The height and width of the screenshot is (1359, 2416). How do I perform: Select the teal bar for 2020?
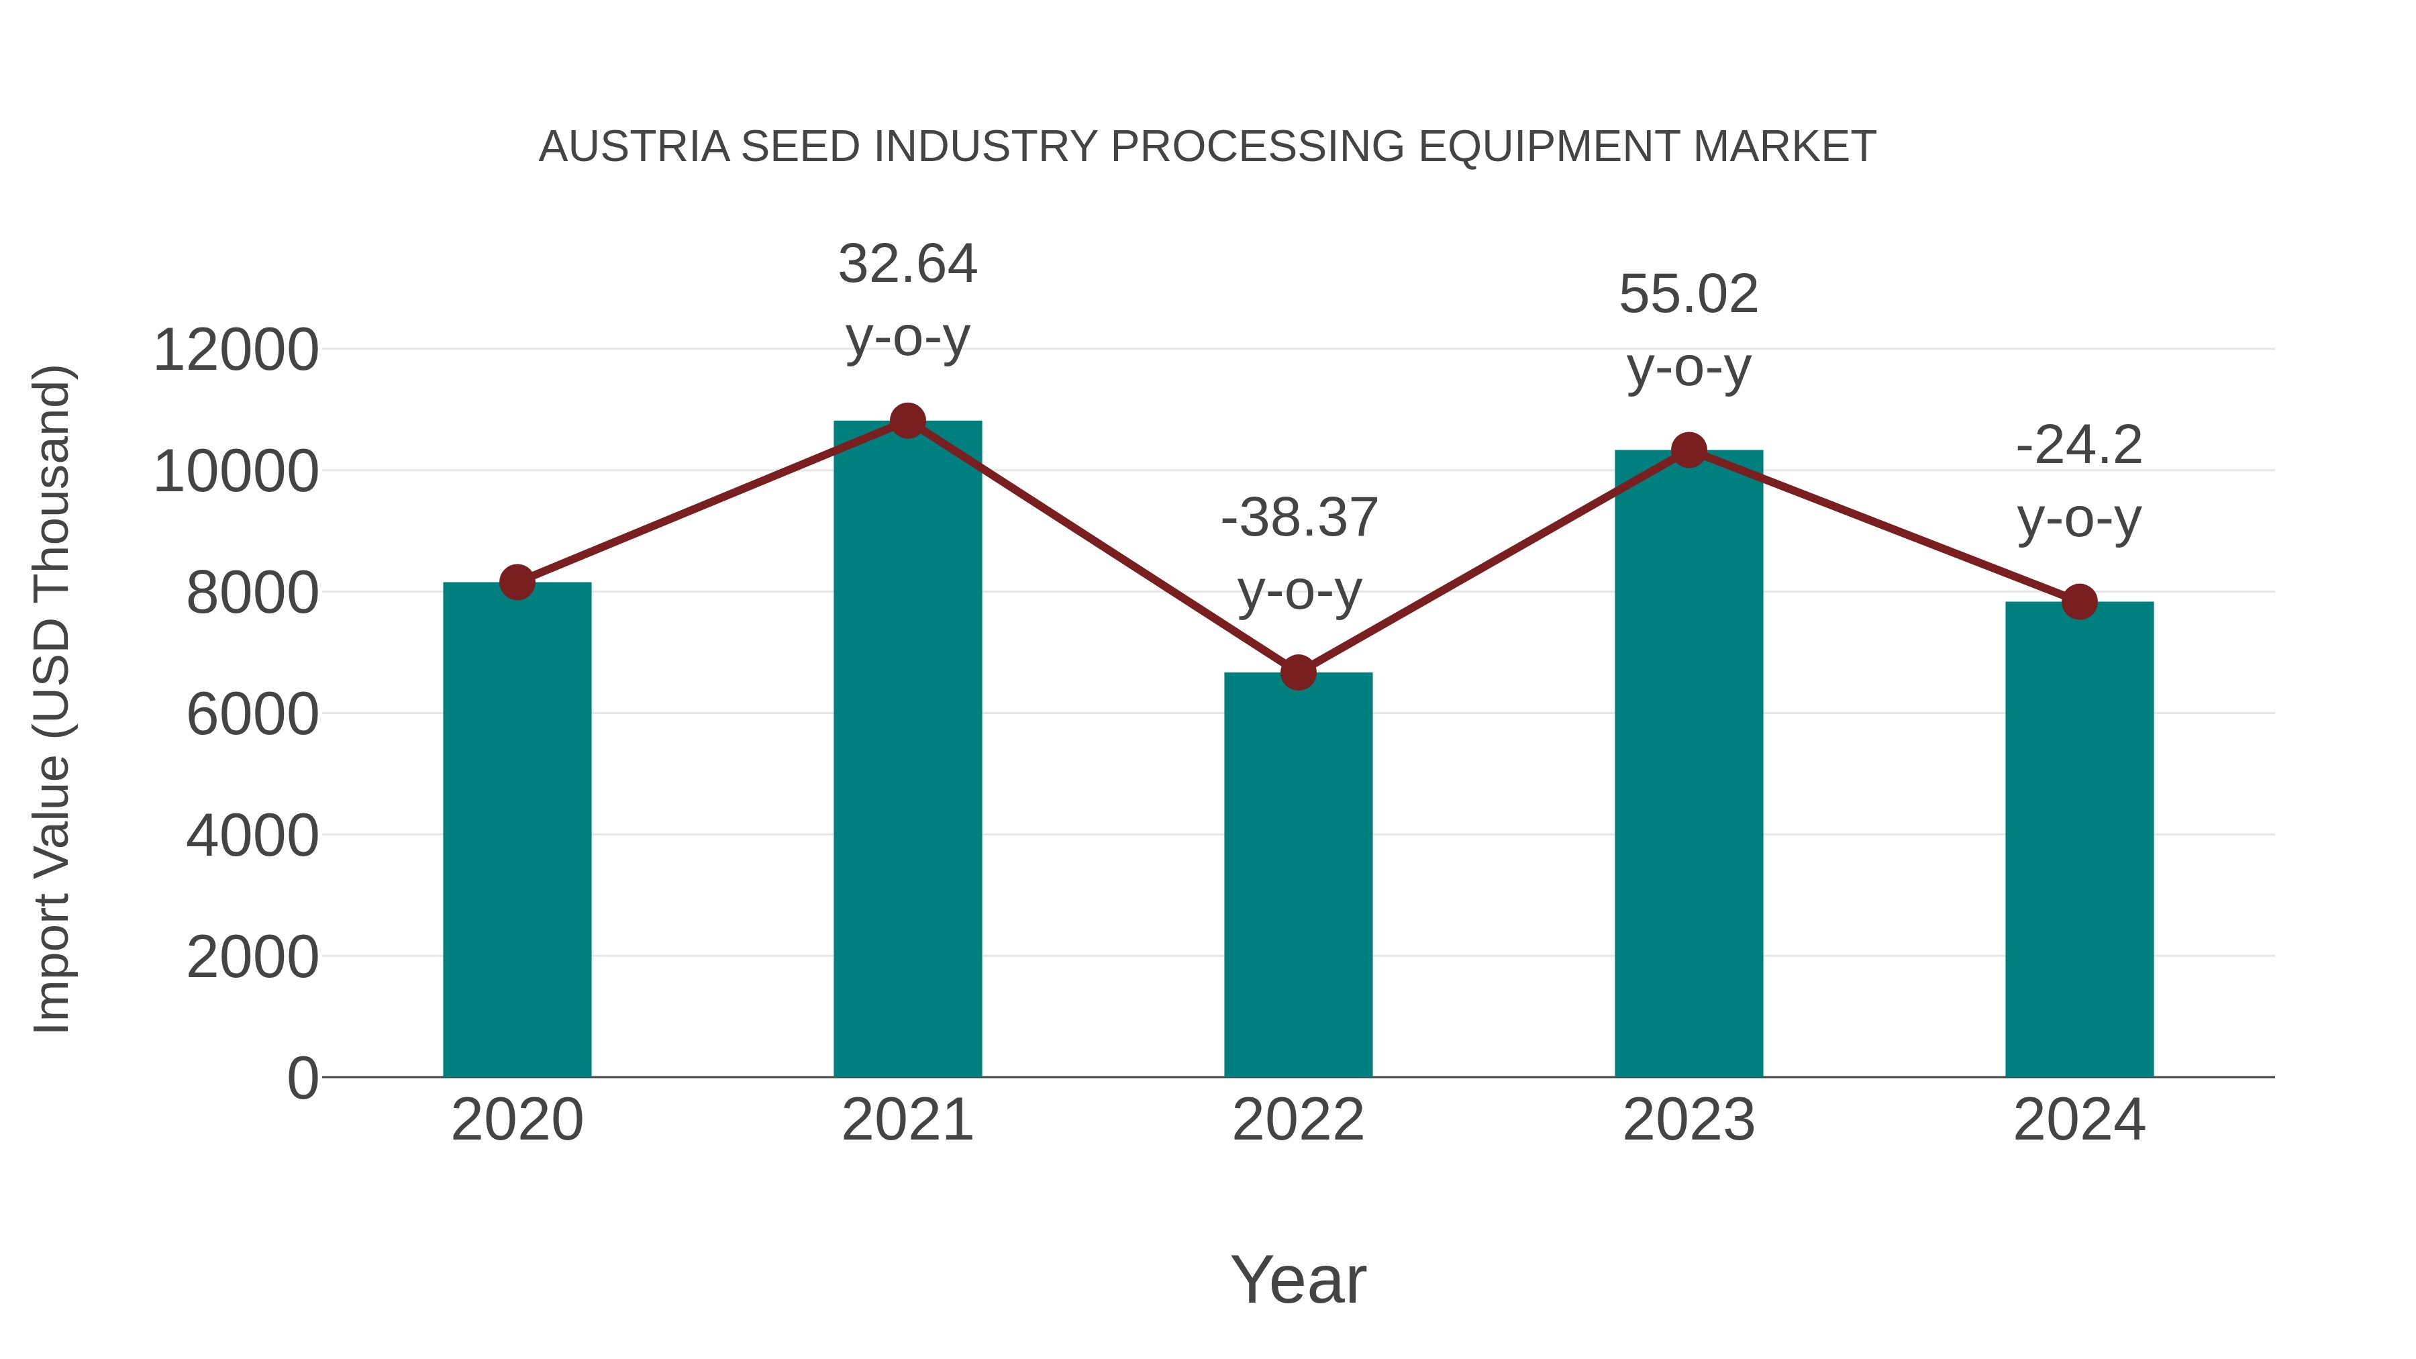point(517,830)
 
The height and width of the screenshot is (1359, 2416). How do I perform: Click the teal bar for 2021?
point(907,750)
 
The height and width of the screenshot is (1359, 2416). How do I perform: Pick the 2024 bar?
point(2079,840)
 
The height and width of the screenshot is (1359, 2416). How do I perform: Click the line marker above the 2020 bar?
point(517,583)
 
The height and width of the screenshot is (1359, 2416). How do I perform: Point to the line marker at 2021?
point(907,421)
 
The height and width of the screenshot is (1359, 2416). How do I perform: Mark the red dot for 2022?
point(1298,672)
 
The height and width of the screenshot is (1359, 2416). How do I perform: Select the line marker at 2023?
point(1689,451)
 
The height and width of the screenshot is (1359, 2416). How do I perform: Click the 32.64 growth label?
point(907,264)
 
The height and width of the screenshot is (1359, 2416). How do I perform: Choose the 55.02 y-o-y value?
point(1689,295)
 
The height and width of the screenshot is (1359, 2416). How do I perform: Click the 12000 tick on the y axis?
point(236,351)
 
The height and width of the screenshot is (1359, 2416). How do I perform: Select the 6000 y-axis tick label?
point(252,715)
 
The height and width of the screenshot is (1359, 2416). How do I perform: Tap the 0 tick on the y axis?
point(303,1078)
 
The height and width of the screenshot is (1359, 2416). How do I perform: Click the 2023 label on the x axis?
point(1689,1120)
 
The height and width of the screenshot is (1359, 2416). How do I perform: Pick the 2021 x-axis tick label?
point(907,1120)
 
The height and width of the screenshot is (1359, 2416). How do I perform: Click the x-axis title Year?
point(1298,1279)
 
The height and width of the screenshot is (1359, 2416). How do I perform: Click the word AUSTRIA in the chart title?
point(634,146)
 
